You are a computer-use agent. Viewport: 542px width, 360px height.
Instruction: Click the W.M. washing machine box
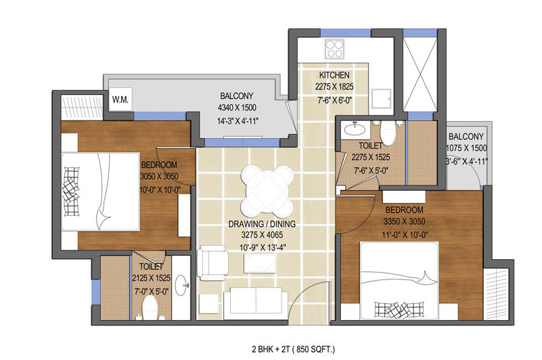pos(120,99)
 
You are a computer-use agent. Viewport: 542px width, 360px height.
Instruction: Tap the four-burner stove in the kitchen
pos(334,49)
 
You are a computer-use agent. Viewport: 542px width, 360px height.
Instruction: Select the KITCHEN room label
pos(334,75)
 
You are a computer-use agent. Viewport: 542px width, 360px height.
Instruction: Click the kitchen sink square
pos(381,99)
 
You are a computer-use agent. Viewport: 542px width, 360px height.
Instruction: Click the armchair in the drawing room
pos(212,263)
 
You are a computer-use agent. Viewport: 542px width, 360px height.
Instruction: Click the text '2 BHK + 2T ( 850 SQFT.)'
pos(294,349)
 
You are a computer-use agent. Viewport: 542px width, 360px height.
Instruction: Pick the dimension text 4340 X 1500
pos(237,108)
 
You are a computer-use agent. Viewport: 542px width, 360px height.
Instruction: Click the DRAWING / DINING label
pos(262,224)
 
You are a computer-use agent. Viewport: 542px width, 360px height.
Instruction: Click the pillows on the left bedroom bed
pos(71,191)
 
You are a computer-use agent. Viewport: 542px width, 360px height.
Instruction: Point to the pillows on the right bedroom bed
pos(400,309)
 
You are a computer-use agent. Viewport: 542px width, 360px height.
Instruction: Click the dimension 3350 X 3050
pos(405,221)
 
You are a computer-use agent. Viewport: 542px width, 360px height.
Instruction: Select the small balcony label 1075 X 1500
pos(467,148)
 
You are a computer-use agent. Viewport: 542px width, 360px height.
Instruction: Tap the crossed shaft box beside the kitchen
pos(420,74)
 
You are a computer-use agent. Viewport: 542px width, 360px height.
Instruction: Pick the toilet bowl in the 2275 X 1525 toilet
pos(388,133)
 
